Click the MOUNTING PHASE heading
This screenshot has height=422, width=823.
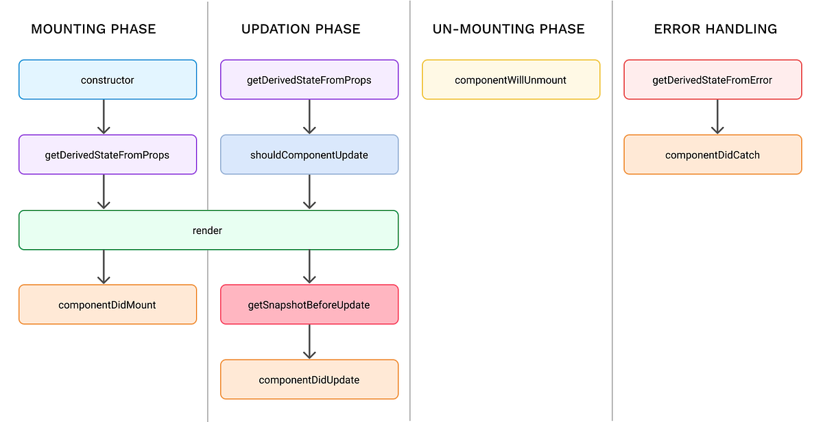click(x=94, y=29)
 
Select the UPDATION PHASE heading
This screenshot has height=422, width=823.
click(x=300, y=29)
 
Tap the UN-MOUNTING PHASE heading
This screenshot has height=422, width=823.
click(x=508, y=29)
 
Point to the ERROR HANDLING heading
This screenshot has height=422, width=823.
click(x=715, y=29)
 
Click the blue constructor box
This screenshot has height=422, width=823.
click(x=108, y=80)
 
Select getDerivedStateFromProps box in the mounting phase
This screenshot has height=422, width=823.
click(x=108, y=154)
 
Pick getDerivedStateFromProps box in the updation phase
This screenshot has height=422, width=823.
click(x=309, y=80)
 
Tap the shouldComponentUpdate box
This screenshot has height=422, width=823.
click(x=309, y=154)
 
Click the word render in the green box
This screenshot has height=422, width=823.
click(x=207, y=231)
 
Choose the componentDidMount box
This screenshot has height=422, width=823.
click(x=108, y=305)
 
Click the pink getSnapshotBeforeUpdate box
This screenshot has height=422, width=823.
click(x=309, y=305)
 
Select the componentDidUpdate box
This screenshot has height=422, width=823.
click(x=309, y=379)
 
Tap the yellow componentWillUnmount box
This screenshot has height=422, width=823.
click(x=511, y=80)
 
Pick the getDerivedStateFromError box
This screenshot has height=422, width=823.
click(x=713, y=80)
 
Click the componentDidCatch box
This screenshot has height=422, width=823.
click(x=713, y=154)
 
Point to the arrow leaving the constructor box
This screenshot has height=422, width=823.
click(x=104, y=117)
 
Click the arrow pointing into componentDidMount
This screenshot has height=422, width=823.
click(x=104, y=267)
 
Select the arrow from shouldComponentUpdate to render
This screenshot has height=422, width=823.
click(x=309, y=191)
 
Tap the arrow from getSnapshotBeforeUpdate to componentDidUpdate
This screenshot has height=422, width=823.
click(x=309, y=342)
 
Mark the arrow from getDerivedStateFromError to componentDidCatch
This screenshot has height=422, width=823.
click(x=717, y=117)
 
